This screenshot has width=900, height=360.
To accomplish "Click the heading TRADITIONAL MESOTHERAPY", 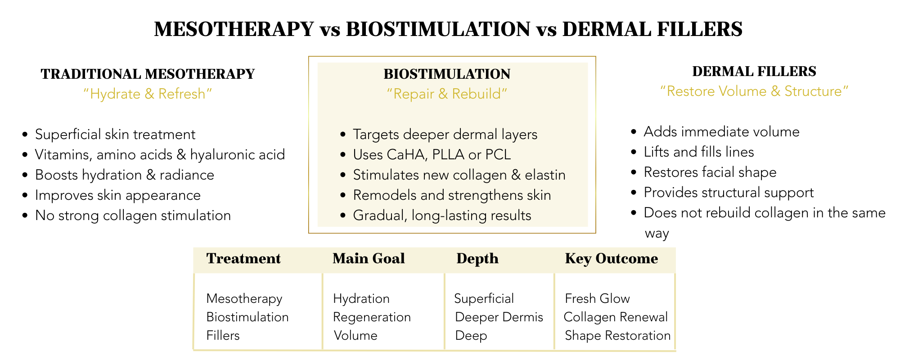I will [x=148, y=74].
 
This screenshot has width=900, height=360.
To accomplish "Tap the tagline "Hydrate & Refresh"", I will [x=148, y=94].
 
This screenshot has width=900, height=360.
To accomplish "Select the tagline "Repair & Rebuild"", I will [x=447, y=94].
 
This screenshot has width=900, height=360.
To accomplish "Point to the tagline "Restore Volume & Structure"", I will [x=754, y=91].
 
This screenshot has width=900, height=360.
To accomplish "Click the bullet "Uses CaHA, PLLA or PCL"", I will [x=432, y=155].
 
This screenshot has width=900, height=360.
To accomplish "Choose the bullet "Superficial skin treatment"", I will [x=115, y=135].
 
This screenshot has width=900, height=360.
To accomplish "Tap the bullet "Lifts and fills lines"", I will [x=698, y=152].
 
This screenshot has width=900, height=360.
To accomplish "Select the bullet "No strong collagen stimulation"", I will [x=133, y=216].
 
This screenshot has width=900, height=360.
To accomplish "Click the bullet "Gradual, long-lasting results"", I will [x=442, y=216].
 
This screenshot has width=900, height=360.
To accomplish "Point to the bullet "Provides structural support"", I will [x=729, y=193].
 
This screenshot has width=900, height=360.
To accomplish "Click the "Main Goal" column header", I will [x=369, y=259].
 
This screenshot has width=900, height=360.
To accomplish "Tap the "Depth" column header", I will [x=477, y=259].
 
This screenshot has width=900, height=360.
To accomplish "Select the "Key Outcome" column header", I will [x=611, y=259].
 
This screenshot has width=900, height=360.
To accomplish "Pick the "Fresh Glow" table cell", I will [x=597, y=299].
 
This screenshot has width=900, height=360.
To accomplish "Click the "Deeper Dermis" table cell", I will [x=499, y=317].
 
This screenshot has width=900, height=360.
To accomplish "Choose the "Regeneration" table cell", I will [x=372, y=317].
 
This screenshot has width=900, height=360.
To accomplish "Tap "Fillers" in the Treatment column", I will [x=223, y=336].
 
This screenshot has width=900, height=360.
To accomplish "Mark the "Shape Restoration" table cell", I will [x=617, y=336].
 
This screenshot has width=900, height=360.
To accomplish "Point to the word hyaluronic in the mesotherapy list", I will [x=221, y=155].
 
